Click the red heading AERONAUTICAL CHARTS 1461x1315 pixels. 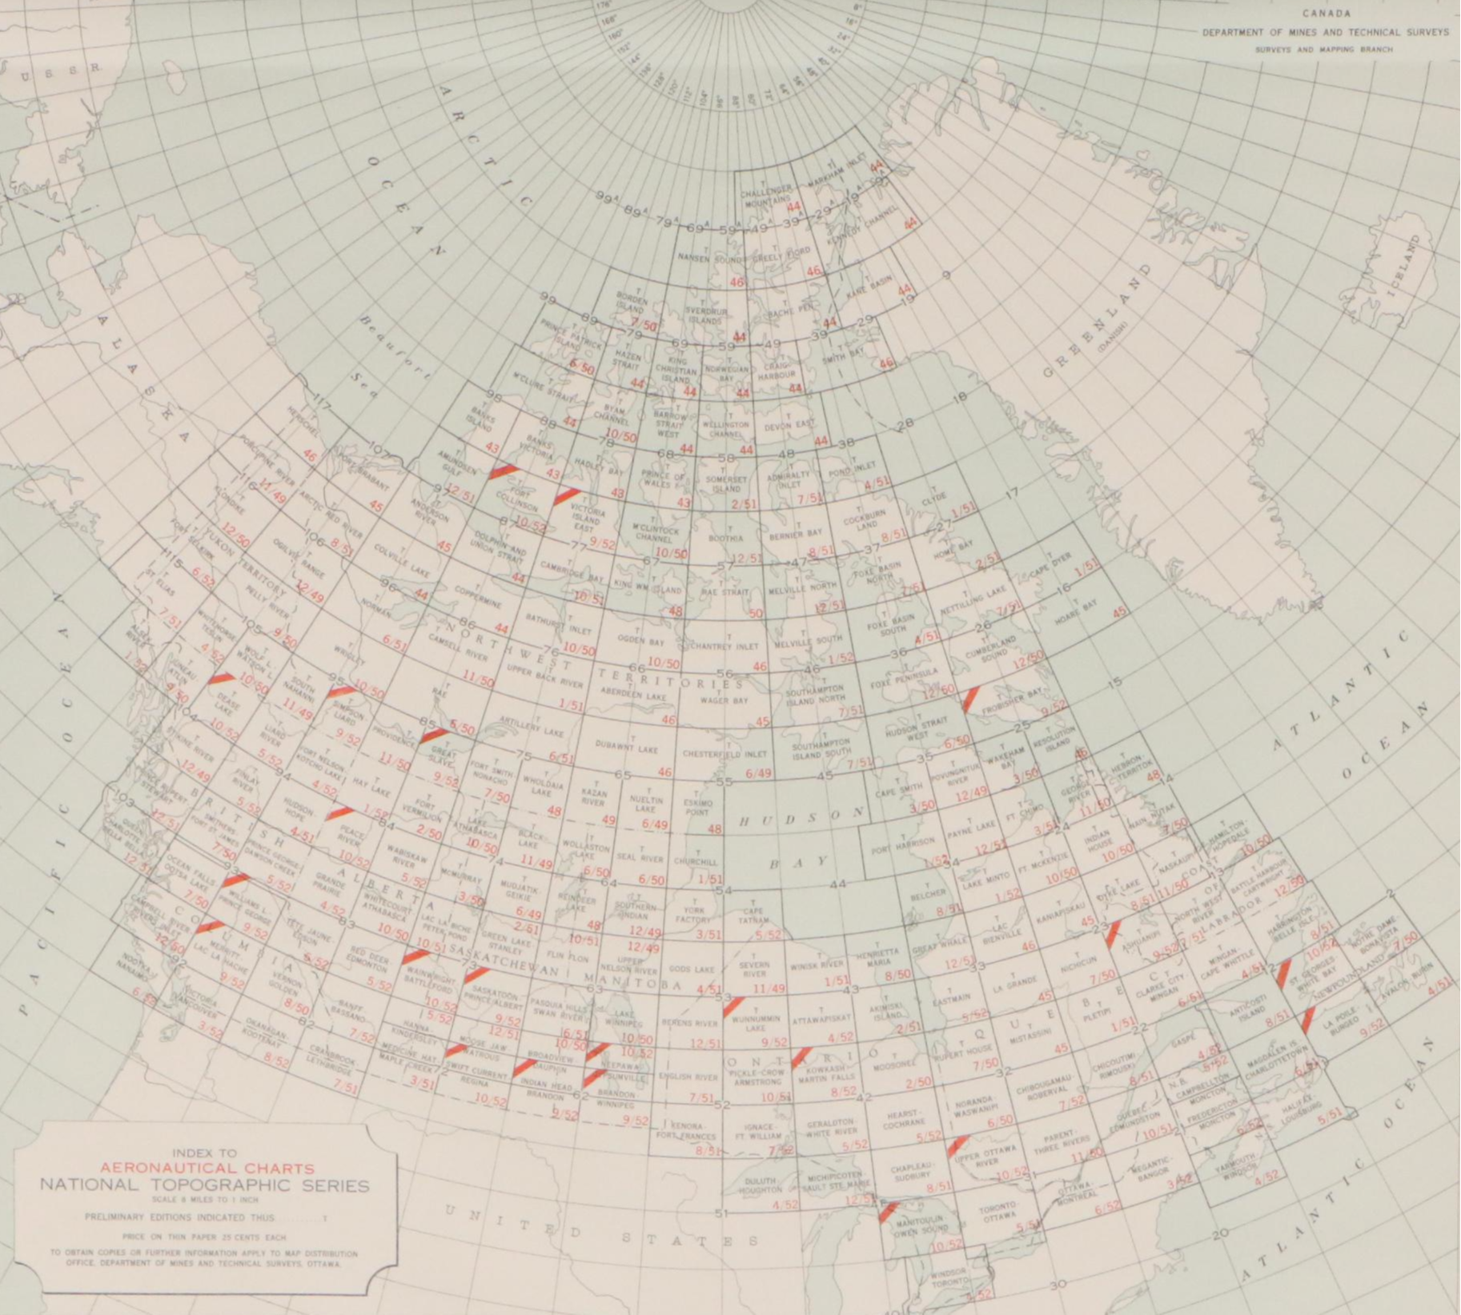207,1169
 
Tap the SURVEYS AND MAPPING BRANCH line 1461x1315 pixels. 1324,50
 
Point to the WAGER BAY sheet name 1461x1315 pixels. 724,700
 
